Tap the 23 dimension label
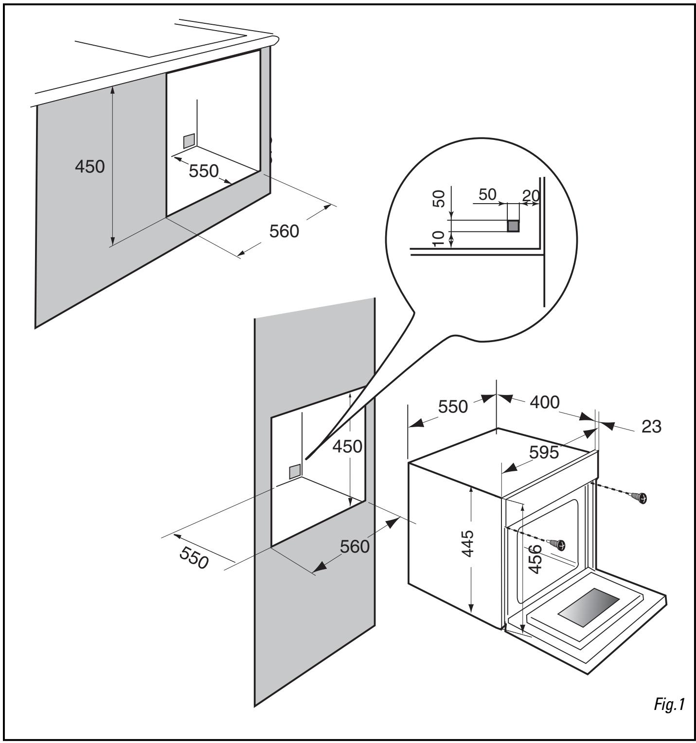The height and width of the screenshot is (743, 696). point(651,426)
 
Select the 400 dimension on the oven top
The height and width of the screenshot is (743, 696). point(544,402)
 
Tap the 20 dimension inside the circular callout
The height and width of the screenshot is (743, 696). point(531,196)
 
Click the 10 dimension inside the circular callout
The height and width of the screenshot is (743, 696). point(438,239)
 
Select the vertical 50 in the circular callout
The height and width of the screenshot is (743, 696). point(439,199)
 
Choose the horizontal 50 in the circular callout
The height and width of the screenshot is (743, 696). point(487,194)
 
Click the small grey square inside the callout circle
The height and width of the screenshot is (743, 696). point(513,226)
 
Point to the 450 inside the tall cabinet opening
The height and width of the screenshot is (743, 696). point(347,446)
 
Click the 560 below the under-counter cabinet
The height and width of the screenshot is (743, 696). point(285,231)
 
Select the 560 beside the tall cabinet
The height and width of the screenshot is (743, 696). point(355,547)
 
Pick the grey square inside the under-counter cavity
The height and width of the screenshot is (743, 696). point(189,141)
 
